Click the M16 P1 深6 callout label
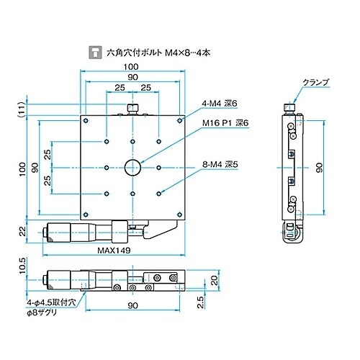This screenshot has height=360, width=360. point(225,123)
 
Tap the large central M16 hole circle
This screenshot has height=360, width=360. point(132,168)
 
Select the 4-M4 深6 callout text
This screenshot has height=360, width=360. point(220,104)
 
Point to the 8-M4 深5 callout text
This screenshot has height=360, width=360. point(220,165)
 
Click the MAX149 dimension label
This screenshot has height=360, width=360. point(114,251)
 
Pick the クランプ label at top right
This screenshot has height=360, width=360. point(315,82)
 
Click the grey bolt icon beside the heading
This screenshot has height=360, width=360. point(95,53)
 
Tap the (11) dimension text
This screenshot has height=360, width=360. point(22,109)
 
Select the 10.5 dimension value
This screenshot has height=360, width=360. point(22,266)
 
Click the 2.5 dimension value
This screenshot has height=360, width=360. point(200,302)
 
